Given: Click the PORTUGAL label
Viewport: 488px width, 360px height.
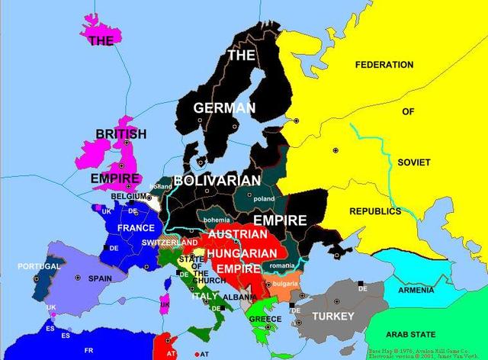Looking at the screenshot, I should (x=39, y=266).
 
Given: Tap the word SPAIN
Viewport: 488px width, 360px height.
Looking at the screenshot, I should (x=100, y=278).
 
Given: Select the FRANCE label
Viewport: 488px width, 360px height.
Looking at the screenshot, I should (x=136, y=227).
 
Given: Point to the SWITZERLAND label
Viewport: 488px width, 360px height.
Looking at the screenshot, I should (x=169, y=243).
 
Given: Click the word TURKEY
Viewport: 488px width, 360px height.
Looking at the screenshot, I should (x=334, y=315).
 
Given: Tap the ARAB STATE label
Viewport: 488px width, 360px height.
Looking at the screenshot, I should (x=411, y=334).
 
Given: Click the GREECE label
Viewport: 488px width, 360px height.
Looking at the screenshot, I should (x=265, y=319).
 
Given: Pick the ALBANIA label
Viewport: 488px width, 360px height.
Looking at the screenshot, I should (x=241, y=297).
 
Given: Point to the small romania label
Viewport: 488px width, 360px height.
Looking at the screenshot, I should (x=281, y=265).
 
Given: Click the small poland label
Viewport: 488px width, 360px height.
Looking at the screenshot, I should (x=264, y=199).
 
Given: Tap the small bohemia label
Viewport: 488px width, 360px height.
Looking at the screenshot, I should (x=216, y=220).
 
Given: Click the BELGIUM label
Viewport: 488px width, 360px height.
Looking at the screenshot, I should (x=128, y=196).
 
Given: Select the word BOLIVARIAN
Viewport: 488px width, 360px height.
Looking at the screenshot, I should (x=217, y=180).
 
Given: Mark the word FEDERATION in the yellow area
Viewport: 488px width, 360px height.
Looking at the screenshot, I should (x=390, y=65).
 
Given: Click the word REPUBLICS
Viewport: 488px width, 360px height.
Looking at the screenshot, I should (x=375, y=211).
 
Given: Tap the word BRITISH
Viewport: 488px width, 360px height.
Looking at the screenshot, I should (x=120, y=134).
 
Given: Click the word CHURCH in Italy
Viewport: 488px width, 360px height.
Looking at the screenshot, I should (x=210, y=280).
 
